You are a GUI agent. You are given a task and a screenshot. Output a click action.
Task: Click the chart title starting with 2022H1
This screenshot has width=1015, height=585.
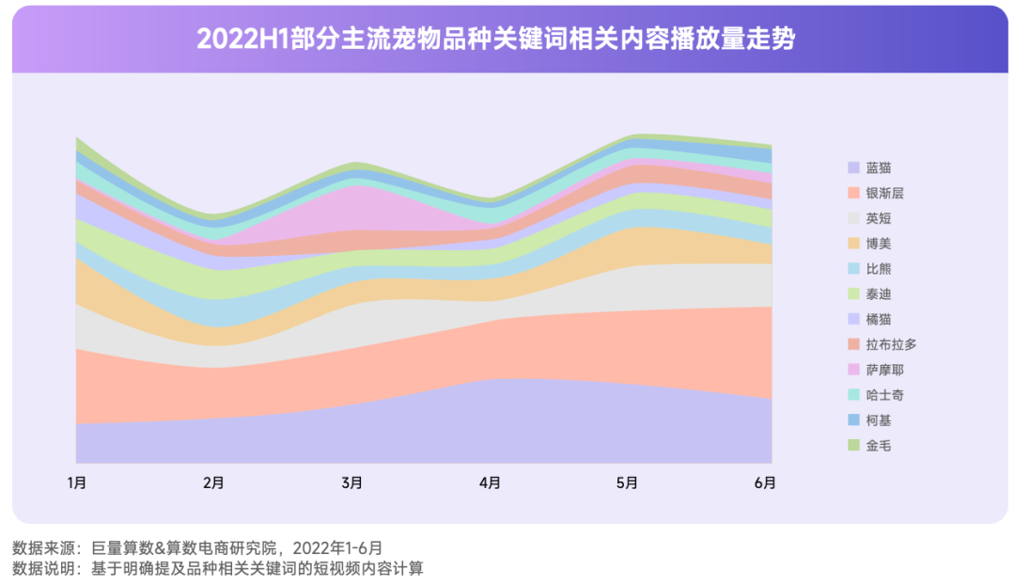(495, 40)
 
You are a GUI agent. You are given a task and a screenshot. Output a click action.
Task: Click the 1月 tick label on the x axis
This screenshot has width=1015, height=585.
(77, 483)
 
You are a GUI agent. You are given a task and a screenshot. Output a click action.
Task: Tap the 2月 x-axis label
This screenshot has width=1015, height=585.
(214, 483)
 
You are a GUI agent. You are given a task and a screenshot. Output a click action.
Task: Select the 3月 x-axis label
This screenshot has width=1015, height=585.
(352, 483)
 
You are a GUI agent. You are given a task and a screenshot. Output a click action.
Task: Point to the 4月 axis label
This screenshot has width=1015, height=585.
(490, 483)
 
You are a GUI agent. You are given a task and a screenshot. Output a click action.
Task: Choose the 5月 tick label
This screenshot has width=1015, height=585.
(628, 483)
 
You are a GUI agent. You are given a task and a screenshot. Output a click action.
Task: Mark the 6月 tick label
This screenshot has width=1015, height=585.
(765, 483)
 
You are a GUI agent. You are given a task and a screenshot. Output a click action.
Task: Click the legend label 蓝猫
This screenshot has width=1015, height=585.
(879, 167)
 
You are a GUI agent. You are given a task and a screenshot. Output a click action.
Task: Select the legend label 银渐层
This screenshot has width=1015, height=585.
(884, 193)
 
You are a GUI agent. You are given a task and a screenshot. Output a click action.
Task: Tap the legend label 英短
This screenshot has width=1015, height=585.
(879, 218)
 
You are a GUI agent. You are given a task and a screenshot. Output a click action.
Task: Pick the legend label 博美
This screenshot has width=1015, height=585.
(879, 244)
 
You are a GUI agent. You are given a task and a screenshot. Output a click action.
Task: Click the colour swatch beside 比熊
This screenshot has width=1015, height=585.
(853, 269)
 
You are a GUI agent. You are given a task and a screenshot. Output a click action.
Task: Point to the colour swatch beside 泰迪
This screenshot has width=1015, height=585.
(853, 294)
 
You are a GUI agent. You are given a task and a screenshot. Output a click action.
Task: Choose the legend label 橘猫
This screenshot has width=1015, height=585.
(879, 319)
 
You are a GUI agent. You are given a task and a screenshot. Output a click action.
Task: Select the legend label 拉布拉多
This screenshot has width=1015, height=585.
(891, 344)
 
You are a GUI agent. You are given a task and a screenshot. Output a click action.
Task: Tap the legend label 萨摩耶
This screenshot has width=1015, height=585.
(884, 370)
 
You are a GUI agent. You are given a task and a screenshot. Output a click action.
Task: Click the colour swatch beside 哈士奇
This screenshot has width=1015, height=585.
(853, 395)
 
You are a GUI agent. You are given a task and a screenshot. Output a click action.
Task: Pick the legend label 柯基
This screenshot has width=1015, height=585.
(879, 420)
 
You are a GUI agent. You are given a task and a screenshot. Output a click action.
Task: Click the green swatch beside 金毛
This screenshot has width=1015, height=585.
(853, 446)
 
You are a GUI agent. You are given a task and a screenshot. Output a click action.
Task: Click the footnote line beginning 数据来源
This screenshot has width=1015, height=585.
(197, 547)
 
